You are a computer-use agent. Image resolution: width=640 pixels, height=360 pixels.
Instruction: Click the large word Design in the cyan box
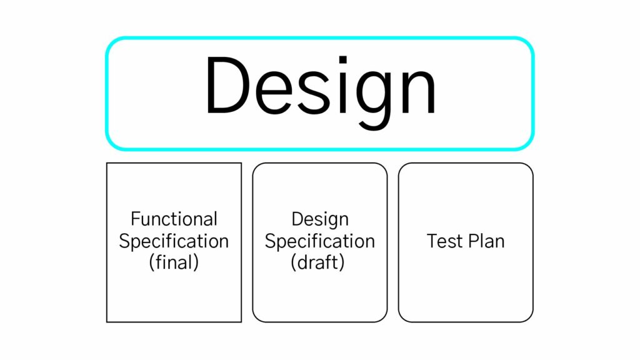click(x=321, y=92)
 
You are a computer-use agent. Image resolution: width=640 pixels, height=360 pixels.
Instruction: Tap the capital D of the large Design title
click(x=227, y=85)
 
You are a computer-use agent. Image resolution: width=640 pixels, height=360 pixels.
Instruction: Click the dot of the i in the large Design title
click(x=343, y=60)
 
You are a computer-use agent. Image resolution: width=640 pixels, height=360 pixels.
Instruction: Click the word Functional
click(x=174, y=219)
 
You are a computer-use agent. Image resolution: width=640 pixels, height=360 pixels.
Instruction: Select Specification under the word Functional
click(x=174, y=241)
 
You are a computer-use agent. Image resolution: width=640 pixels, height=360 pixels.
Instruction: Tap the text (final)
click(x=174, y=262)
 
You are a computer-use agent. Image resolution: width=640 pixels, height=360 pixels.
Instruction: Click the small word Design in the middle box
click(x=320, y=219)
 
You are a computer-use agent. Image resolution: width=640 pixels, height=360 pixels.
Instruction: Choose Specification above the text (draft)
click(x=320, y=241)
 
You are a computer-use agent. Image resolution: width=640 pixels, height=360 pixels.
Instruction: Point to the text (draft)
click(x=318, y=262)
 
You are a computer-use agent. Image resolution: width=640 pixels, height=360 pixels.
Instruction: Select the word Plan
click(x=486, y=241)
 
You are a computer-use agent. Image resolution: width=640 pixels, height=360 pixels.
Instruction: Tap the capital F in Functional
click(x=136, y=219)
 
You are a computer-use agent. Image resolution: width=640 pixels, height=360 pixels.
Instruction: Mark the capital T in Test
click(x=432, y=241)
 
